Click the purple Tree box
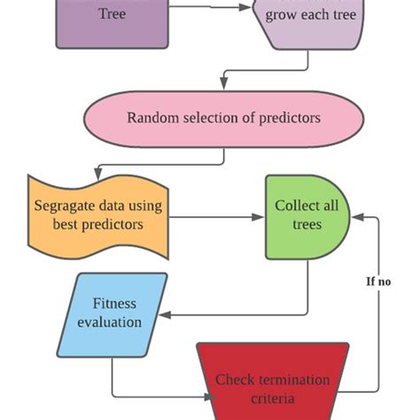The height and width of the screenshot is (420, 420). pyautogui.click(x=113, y=22)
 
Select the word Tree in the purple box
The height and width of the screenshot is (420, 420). pyautogui.click(x=113, y=14)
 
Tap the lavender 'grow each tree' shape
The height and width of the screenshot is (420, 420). pyautogui.click(x=307, y=22)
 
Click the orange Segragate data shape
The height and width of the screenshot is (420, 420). pyautogui.click(x=98, y=214)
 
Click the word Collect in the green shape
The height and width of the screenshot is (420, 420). pyautogui.click(x=298, y=206)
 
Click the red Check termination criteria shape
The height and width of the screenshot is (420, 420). pyautogui.click(x=272, y=381)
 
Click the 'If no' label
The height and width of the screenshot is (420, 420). pyautogui.click(x=378, y=282)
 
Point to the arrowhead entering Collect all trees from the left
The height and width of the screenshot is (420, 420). pyautogui.click(x=261, y=214)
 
